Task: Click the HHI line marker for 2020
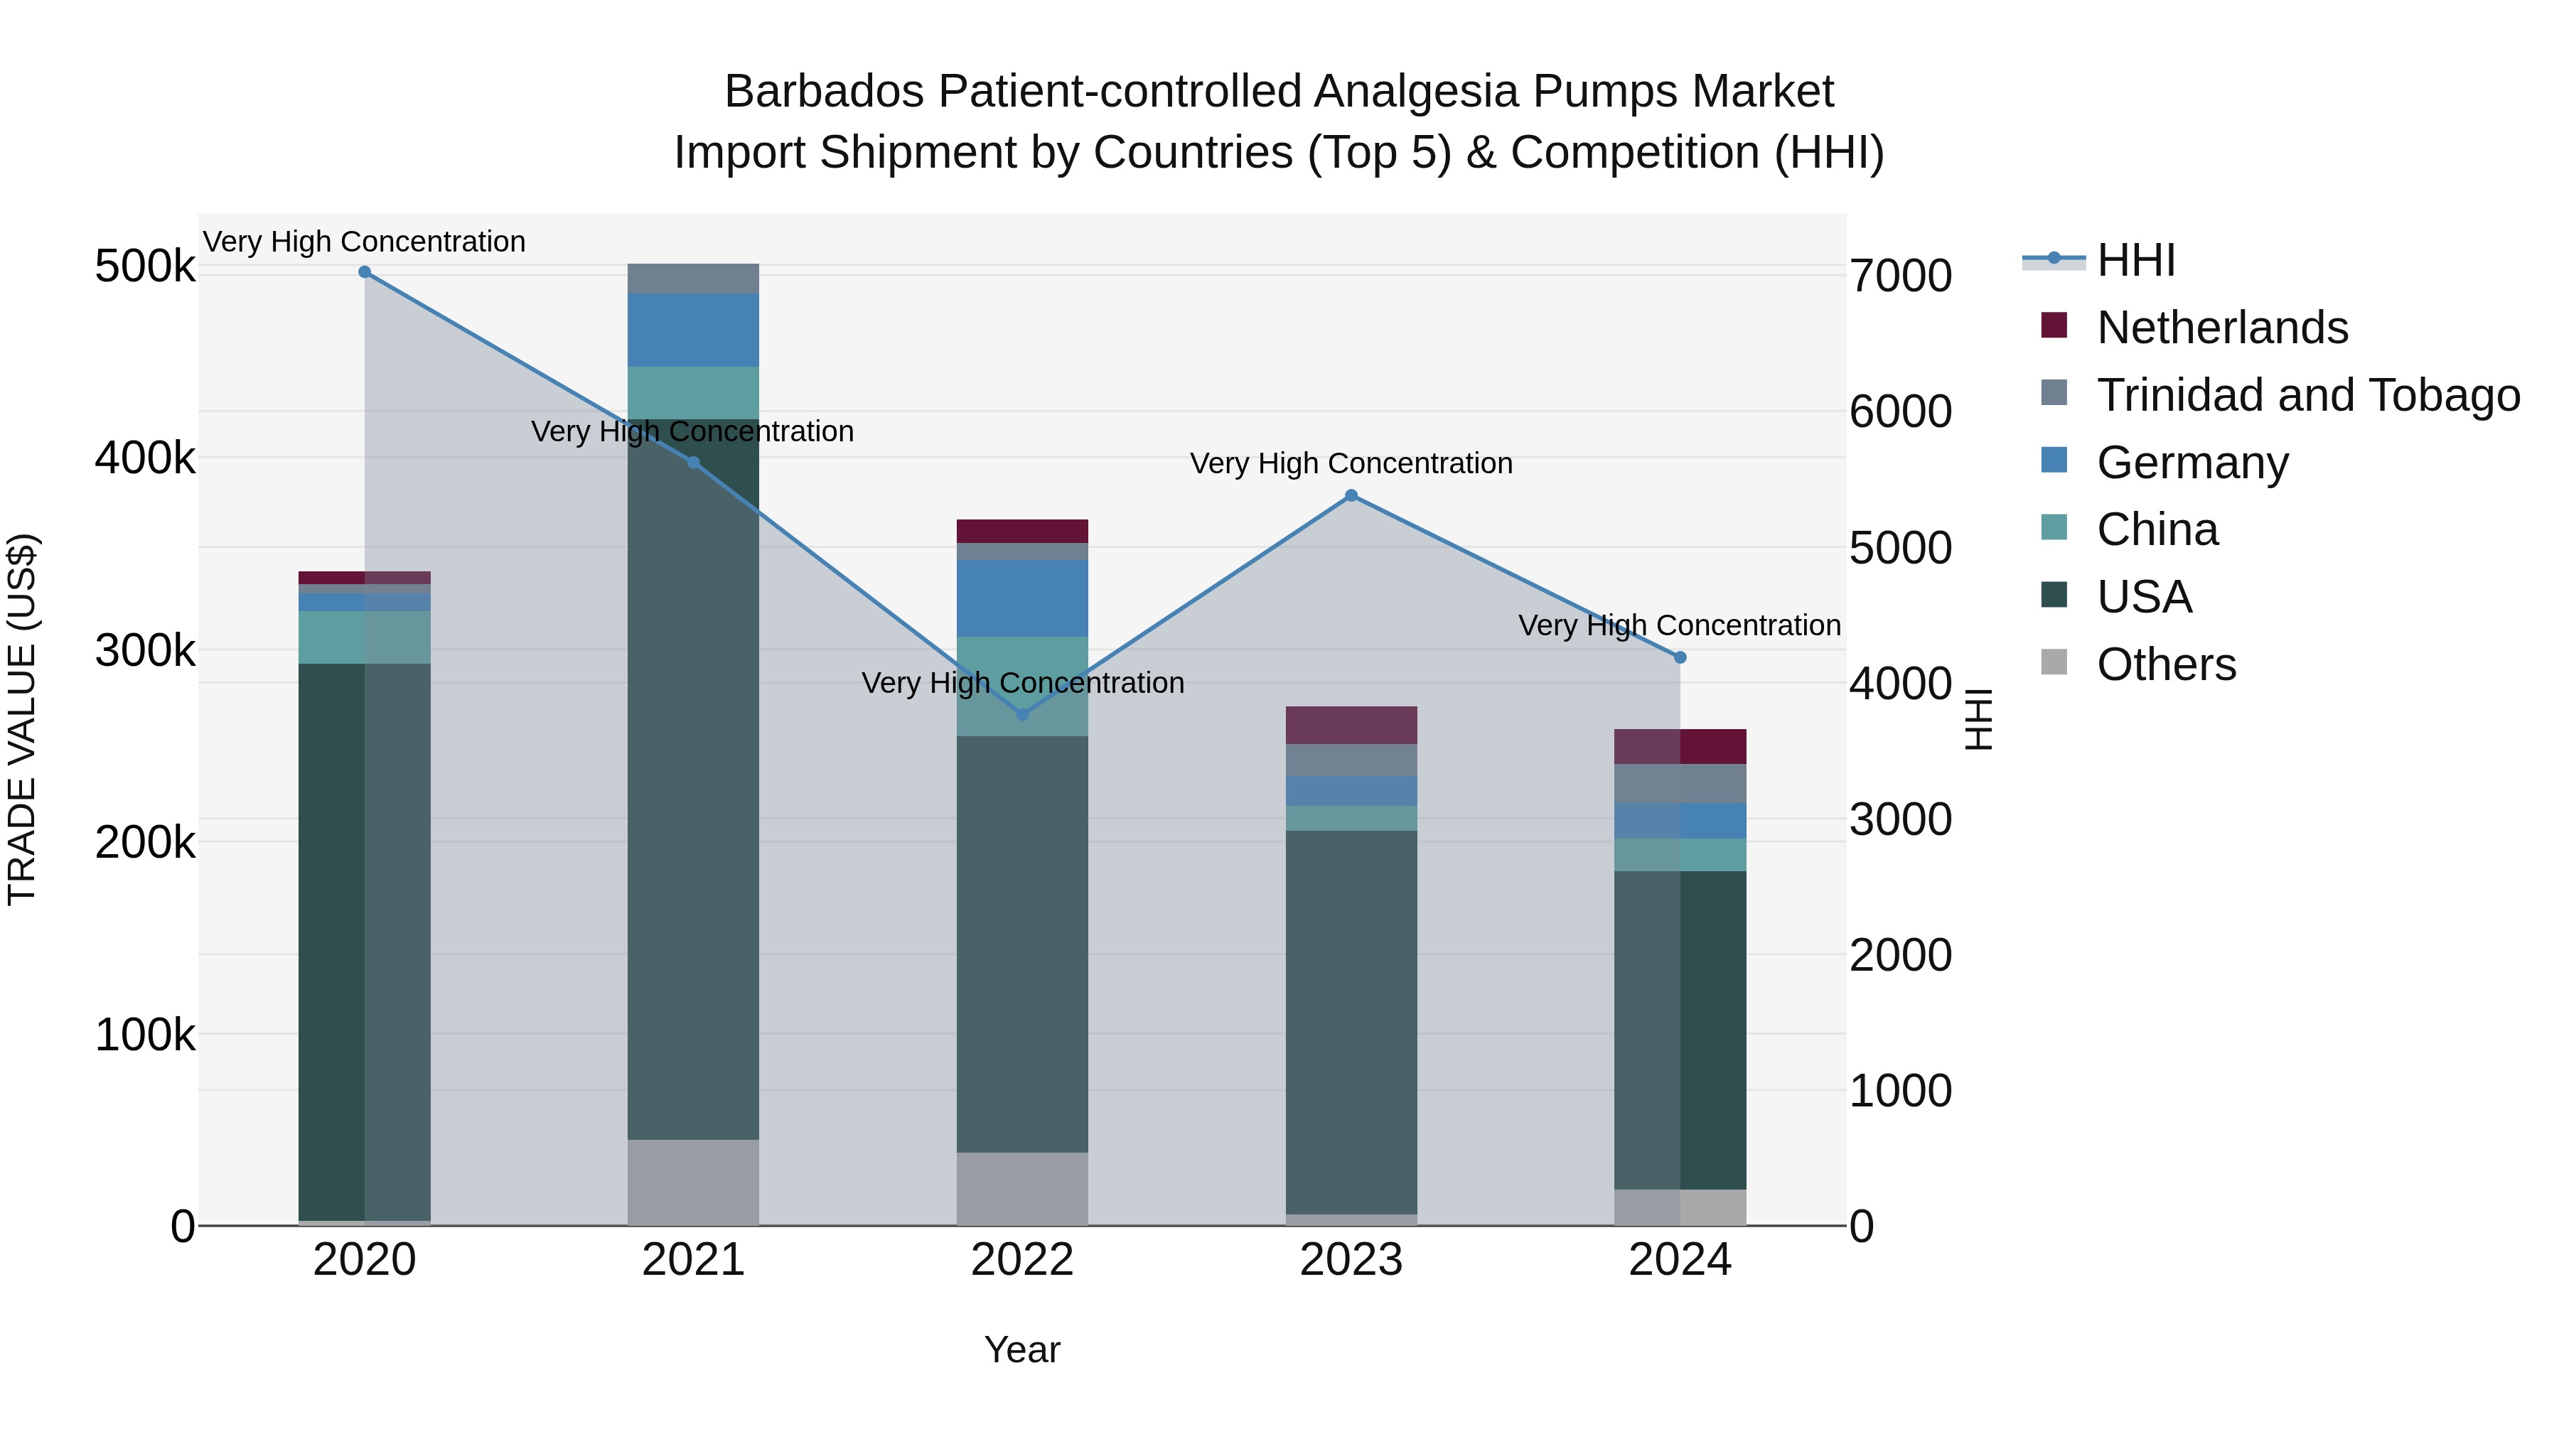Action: click(x=365, y=272)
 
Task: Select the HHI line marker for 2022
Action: click(x=1022, y=714)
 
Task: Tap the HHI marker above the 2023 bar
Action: click(x=1351, y=495)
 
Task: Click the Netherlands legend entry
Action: click(x=2221, y=328)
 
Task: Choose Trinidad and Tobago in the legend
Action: click(x=2307, y=395)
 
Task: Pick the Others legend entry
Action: click(x=2166, y=664)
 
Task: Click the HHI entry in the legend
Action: click(x=2136, y=260)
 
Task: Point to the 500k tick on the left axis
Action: click(x=145, y=267)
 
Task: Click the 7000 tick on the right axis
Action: click(x=1900, y=276)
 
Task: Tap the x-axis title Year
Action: click(x=1022, y=1351)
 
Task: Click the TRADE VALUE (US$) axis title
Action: click(x=22, y=719)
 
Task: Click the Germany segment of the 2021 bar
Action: click(x=693, y=330)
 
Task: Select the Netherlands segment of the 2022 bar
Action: click(x=1022, y=532)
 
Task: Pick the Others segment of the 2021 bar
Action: click(x=693, y=1182)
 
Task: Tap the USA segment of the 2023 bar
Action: click(x=1351, y=1023)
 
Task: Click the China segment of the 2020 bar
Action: click(x=365, y=637)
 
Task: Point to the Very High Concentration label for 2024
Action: click(x=1679, y=625)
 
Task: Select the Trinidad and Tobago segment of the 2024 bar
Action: click(x=1680, y=784)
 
